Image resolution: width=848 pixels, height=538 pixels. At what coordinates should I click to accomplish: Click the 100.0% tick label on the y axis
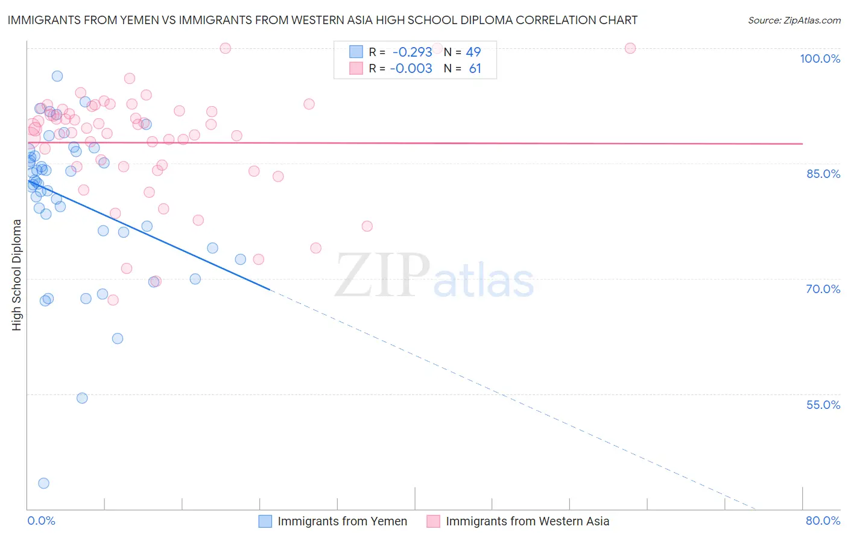click(x=820, y=59)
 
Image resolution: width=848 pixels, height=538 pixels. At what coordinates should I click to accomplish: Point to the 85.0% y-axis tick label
click(x=823, y=174)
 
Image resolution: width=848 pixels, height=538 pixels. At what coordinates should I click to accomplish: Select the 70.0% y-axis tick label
click(x=823, y=289)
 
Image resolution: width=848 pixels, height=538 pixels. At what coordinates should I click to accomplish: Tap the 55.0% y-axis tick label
click(x=823, y=405)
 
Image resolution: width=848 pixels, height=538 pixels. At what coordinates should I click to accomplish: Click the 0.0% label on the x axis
click(x=41, y=521)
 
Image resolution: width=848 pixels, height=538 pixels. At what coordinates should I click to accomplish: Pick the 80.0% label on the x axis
click(x=823, y=521)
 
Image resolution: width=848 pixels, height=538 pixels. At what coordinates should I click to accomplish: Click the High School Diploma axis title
click(x=17, y=274)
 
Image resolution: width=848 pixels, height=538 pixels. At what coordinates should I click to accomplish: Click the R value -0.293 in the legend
click(x=413, y=52)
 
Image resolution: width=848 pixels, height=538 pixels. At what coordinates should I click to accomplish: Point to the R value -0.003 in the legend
click(x=411, y=69)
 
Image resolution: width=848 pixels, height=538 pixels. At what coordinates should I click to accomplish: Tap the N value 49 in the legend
click(x=473, y=52)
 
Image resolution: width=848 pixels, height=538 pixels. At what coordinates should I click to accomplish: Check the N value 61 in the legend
click(x=475, y=69)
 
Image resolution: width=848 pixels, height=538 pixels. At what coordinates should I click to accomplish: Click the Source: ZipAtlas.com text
click(x=794, y=21)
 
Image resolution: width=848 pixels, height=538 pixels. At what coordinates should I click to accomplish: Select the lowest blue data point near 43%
click(x=43, y=483)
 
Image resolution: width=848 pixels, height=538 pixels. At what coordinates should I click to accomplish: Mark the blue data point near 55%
click(x=82, y=398)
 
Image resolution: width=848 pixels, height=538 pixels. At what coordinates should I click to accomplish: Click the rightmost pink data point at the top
click(x=630, y=48)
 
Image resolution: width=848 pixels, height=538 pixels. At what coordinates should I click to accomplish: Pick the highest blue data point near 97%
click(x=57, y=76)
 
